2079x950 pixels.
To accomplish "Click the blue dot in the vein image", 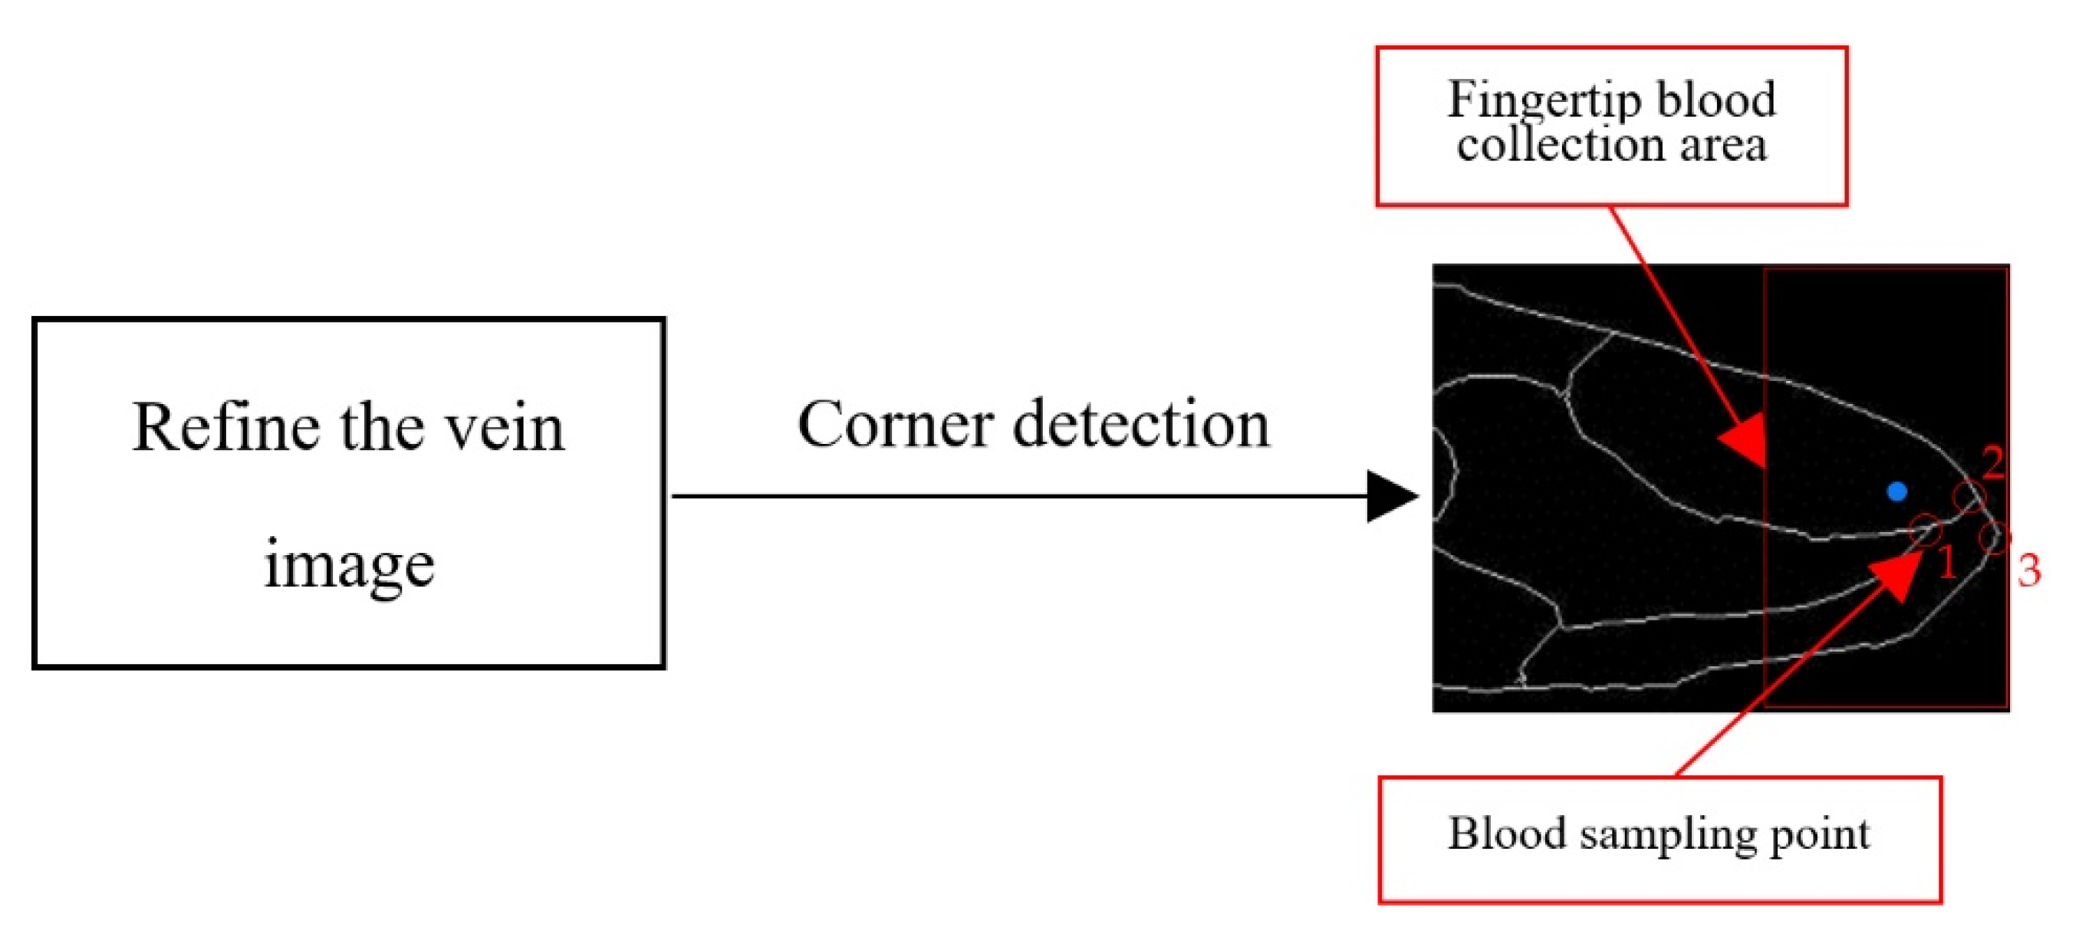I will pos(1896,491).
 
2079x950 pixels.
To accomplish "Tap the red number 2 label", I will pos(1992,462).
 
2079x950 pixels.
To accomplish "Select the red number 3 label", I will pos(2029,570).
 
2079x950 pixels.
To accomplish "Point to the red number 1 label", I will pos(1946,562).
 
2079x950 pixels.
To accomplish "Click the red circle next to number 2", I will pos(1969,497).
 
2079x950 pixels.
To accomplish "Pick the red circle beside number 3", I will pos(1994,537).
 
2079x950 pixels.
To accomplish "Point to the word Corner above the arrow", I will pos(894,426).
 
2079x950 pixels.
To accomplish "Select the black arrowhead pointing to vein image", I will pos(1390,496).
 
